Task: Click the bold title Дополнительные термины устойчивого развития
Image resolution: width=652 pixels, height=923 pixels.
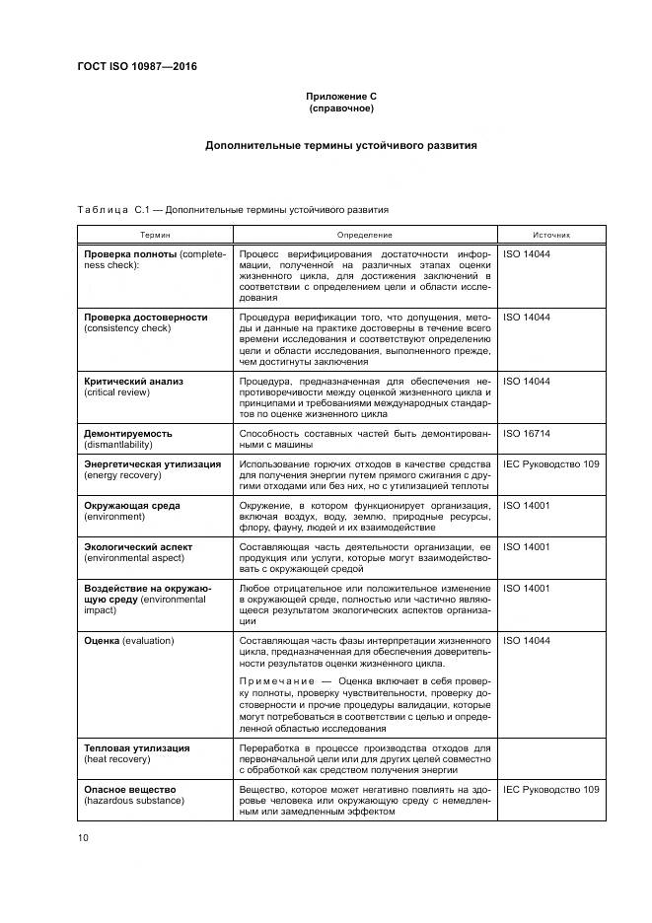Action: click(x=340, y=145)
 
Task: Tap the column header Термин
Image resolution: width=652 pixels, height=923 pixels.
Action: click(x=154, y=235)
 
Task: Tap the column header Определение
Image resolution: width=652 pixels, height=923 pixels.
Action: click(x=364, y=235)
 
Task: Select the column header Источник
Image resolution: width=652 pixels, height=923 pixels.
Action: click(x=551, y=235)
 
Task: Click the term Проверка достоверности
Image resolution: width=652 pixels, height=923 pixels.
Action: click(x=145, y=318)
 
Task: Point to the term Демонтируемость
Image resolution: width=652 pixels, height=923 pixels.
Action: click(x=128, y=433)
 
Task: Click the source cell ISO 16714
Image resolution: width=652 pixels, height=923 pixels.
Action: click(x=527, y=433)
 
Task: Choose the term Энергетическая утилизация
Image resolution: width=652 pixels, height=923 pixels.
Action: click(x=152, y=463)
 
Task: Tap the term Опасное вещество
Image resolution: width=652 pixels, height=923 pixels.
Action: click(x=129, y=790)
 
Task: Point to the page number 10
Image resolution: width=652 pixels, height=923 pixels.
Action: click(x=84, y=837)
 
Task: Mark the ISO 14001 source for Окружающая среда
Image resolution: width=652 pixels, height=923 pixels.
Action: click(x=527, y=505)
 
